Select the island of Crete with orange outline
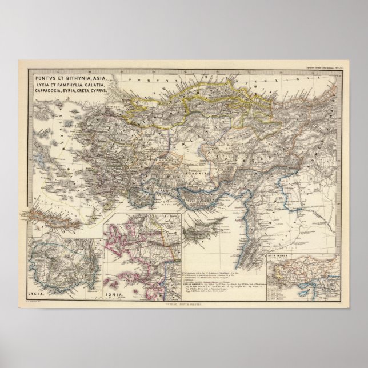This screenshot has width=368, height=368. point(45,215)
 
